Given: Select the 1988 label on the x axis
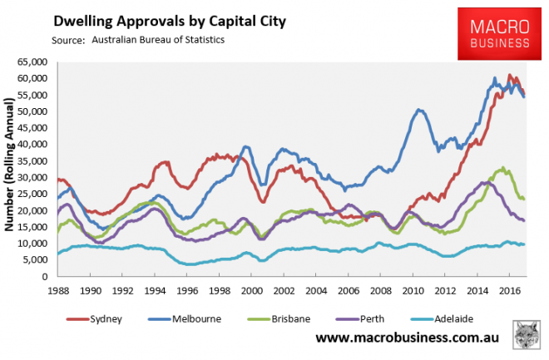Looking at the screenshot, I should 58,292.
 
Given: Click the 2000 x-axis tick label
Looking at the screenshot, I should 252,292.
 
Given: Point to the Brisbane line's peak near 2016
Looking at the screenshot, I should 502,169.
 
